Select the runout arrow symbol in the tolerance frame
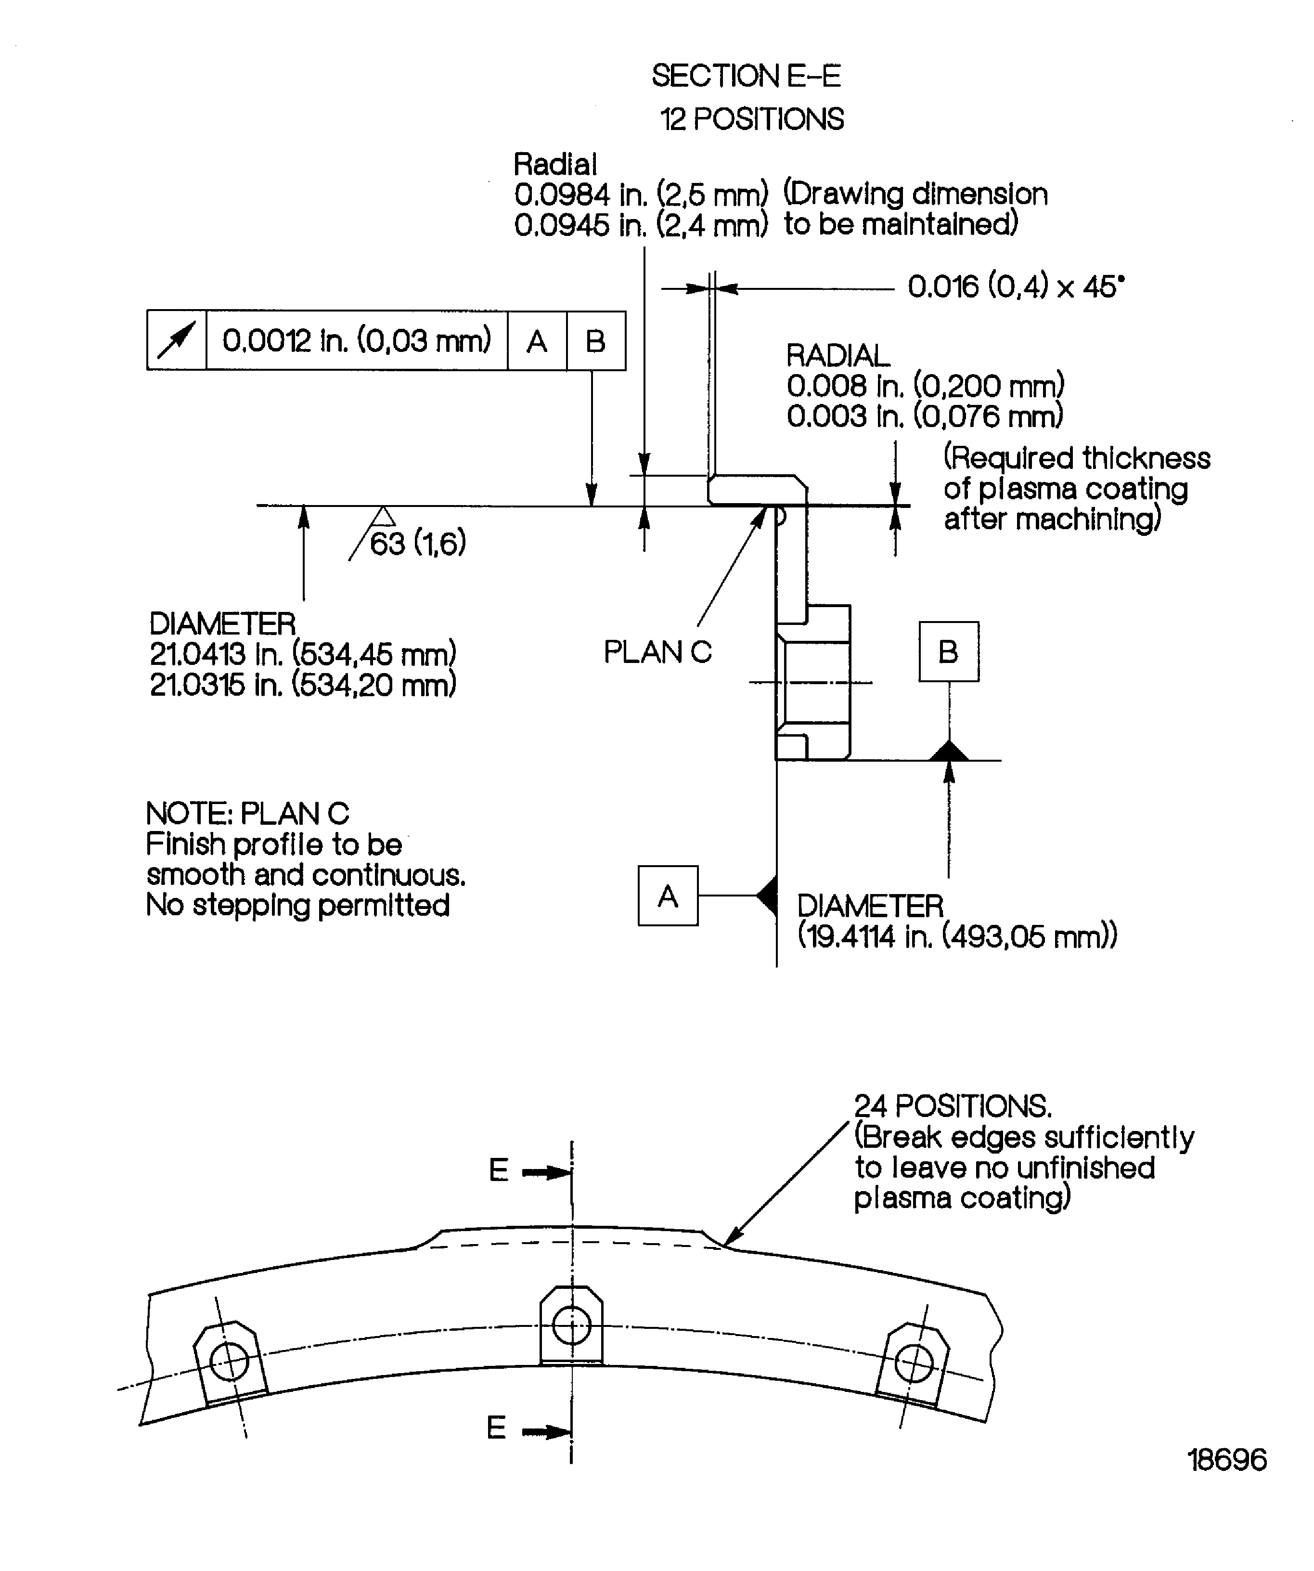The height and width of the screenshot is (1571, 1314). pos(177,340)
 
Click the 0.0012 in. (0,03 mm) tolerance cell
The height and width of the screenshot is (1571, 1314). pos(356,340)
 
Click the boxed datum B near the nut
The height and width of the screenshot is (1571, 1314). pos(948,651)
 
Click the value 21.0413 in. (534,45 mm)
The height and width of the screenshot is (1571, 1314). pos(302,654)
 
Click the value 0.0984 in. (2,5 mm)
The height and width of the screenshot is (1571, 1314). pos(640,195)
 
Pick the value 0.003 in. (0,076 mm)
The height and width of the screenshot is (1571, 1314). pos(924,416)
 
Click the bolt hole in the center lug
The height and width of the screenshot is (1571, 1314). pos(571,1326)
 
